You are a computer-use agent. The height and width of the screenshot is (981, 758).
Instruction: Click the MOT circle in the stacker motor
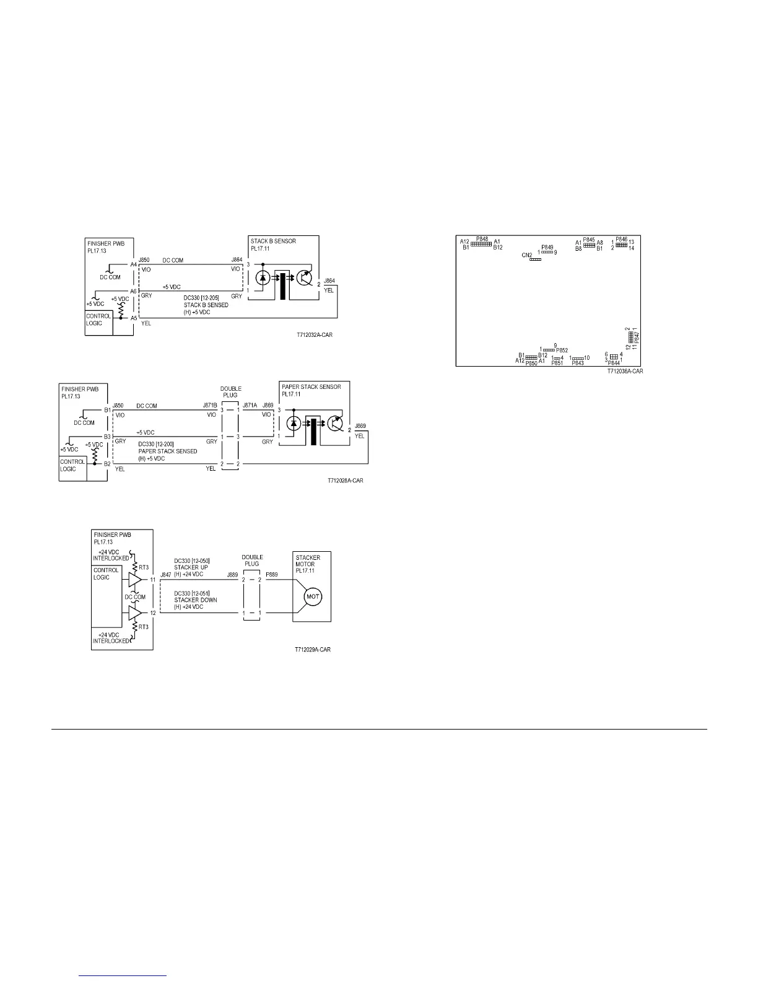[313, 596]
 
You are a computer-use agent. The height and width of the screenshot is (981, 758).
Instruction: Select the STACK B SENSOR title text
[272, 241]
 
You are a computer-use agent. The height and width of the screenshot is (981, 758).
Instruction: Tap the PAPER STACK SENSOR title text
[311, 387]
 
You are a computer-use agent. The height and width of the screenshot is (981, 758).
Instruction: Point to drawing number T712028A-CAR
[346, 481]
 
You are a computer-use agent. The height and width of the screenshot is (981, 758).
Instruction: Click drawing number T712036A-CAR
[625, 372]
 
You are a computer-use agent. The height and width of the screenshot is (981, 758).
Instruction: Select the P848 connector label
[482, 238]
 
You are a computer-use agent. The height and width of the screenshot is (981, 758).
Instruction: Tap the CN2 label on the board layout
[527, 255]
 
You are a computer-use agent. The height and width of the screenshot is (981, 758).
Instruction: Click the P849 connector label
[547, 247]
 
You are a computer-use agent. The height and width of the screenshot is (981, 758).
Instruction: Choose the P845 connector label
[589, 240]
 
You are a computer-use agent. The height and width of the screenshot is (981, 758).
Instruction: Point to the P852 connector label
[562, 351]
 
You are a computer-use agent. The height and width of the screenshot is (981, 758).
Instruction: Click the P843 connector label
[578, 364]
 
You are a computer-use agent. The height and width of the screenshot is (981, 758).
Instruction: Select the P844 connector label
[614, 363]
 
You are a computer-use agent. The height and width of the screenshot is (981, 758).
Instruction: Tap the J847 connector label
[165, 575]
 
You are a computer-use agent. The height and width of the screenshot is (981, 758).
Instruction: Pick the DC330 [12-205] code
[201, 298]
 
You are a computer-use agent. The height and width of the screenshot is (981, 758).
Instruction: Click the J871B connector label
[210, 405]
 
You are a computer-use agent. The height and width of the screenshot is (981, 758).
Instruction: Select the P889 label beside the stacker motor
[271, 575]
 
